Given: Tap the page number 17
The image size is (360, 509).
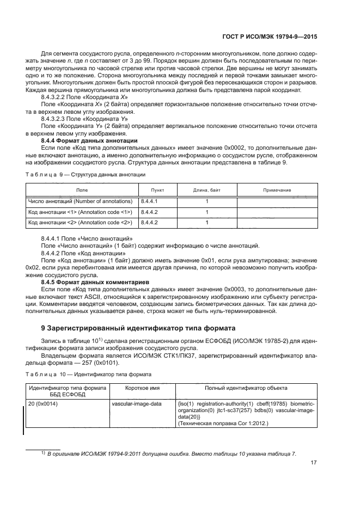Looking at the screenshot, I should coord(314,464).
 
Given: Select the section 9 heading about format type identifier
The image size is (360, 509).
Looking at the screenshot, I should coord(131,328).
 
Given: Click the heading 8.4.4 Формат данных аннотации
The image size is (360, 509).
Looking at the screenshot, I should coord(89,141).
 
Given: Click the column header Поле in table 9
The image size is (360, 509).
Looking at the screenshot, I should coord(82,190).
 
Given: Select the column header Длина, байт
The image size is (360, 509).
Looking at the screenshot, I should coord(207,190).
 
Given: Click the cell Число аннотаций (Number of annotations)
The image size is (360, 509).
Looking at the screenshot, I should coord(80,201).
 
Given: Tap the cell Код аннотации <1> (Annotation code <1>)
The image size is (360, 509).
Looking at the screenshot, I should coord(80,212).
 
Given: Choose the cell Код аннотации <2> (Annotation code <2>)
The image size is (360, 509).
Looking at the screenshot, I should coord(80,223).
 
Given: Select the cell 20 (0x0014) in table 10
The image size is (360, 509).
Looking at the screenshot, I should coord(44,404).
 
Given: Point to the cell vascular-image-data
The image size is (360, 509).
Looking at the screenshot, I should coord(136,404).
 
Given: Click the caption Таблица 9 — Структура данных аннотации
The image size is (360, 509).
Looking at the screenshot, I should coord(85,174).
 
